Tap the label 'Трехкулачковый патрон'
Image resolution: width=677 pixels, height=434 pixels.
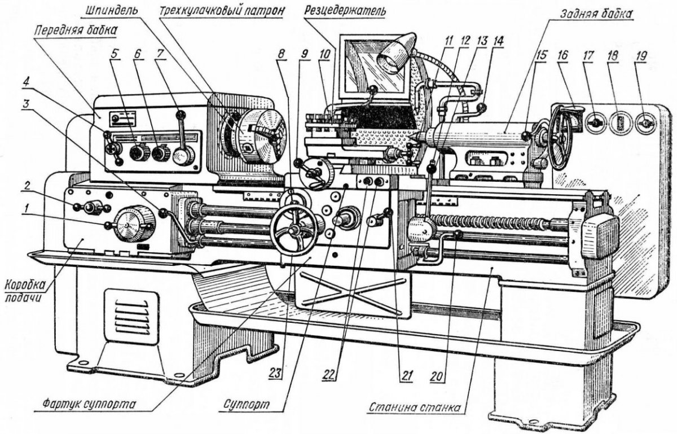tap(219, 11)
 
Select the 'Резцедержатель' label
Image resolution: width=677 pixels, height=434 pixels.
tap(344, 11)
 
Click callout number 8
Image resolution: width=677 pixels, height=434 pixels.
tap(282, 55)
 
